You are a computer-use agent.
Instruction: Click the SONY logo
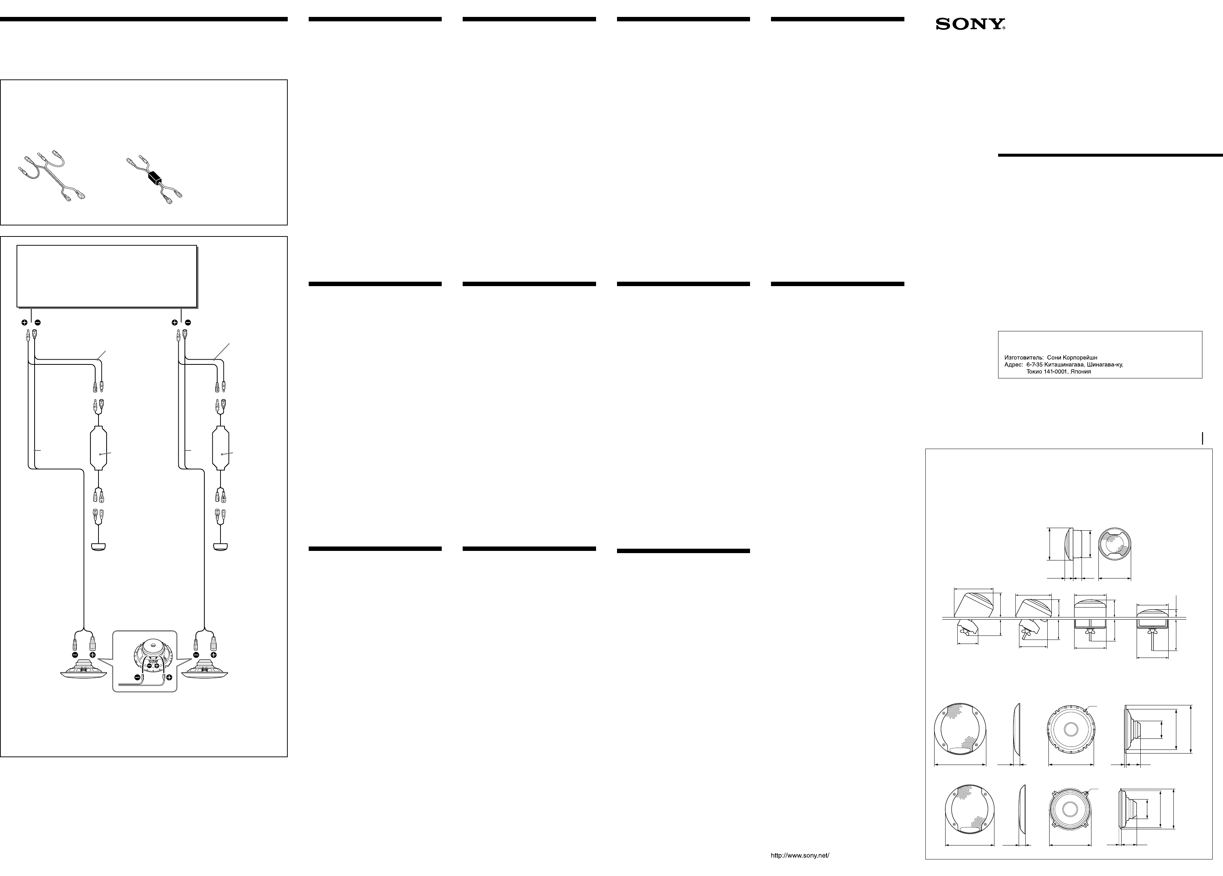pos(970,24)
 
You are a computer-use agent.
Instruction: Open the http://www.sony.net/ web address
pos(800,855)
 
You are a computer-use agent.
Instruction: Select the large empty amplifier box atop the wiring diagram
pos(107,276)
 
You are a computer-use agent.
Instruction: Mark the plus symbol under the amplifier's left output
pos(24,323)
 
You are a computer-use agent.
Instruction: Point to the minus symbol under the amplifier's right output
pos(187,323)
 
